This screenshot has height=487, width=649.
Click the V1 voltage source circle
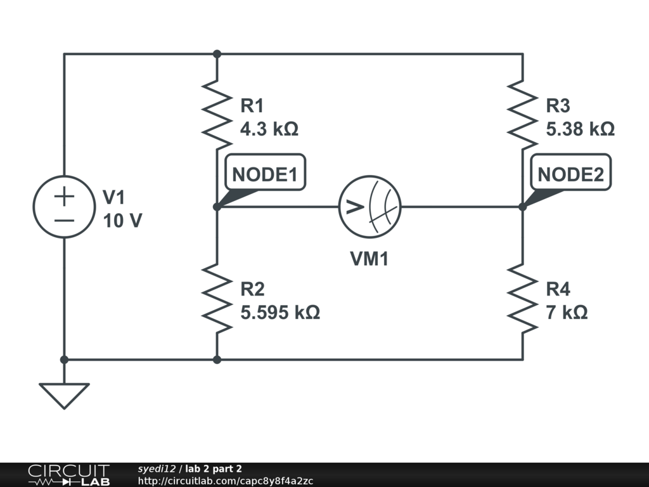64,207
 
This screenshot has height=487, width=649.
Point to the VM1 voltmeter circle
370,207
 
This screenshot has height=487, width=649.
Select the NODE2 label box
570,173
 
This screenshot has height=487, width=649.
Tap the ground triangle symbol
64,395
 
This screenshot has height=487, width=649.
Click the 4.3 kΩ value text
269,129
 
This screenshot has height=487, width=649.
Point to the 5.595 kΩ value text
280,312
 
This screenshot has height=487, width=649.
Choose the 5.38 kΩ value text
580,129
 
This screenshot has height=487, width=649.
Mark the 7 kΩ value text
567,312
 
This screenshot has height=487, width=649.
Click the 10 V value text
122,221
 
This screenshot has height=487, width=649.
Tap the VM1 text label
369,259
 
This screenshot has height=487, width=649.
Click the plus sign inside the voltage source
64,196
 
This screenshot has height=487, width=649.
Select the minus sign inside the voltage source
64,219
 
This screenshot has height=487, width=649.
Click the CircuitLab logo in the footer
68,475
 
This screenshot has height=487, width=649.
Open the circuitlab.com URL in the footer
225,481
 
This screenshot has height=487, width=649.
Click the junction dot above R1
217,54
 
